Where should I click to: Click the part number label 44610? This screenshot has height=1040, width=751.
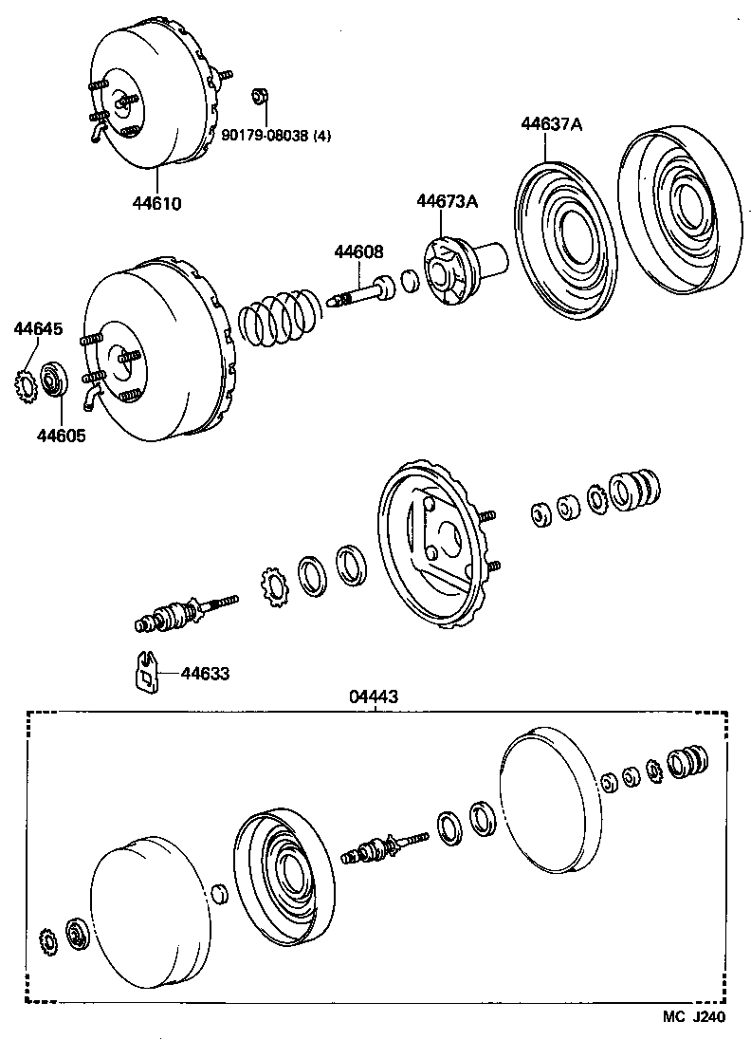(156, 203)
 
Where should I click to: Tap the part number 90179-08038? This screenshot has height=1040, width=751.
(269, 136)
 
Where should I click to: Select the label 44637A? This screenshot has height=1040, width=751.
(550, 123)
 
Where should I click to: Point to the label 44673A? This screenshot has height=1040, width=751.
(447, 200)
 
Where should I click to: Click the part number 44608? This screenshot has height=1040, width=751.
(358, 251)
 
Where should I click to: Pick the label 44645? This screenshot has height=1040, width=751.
(38, 329)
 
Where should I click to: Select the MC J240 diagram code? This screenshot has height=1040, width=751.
(694, 1017)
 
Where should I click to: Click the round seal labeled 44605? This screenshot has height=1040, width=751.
(56, 380)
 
